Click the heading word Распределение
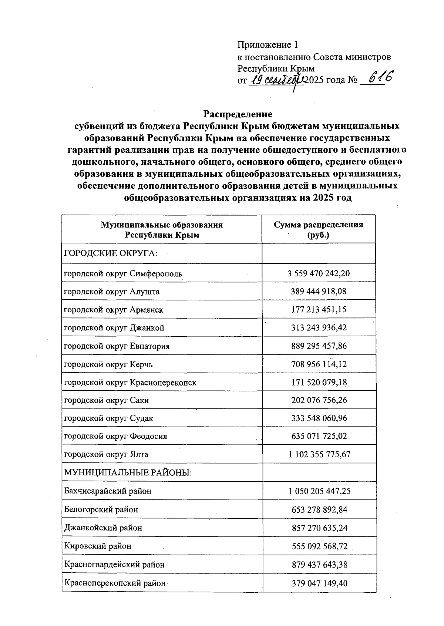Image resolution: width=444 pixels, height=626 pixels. pyautogui.click(x=238, y=114)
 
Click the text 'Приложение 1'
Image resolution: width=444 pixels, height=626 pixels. pyautogui.click(x=268, y=45)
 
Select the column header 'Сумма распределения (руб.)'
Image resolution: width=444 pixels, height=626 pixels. pyautogui.click(x=318, y=230)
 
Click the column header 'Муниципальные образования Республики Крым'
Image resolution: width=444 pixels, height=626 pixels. pyautogui.click(x=162, y=230)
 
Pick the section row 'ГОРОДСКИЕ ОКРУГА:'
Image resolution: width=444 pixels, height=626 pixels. pyautogui.click(x=111, y=253)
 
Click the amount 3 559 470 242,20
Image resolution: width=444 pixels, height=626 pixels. pyautogui.click(x=319, y=273)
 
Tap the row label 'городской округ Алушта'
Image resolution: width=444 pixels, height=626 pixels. pyautogui.click(x=112, y=292)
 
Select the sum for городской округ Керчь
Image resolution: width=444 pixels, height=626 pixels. pyautogui.click(x=319, y=364)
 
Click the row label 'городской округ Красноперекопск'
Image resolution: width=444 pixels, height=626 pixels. pyautogui.click(x=130, y=382)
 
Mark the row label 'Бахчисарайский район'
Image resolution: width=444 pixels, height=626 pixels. pyautogui.click(x=108, y=491)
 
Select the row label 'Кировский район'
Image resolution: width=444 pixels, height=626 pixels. pyautogui.click(x=98, y=546)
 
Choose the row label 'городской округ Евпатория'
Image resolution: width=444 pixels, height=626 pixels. pyautogui.click(x=117, y=346)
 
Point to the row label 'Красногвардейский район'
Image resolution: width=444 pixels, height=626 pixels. pyautogui.click(x=114, y=565)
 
